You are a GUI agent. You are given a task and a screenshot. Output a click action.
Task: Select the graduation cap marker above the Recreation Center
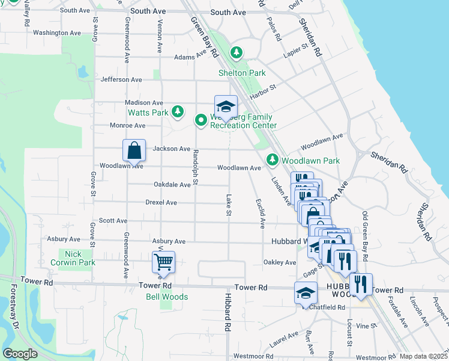pyautogui.click(x=226, y=107)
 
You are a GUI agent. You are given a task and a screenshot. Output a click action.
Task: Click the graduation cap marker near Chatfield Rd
pyautogui.click(x=306, y=294)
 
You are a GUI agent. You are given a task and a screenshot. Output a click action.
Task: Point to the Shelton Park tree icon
pyautogui.click(x=237, y=54)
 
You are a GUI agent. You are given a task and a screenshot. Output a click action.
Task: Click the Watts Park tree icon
pyautogui.click(x=177, y=111)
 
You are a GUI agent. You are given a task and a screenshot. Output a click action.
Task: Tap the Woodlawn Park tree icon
pyautogui.click(x=273, y=159)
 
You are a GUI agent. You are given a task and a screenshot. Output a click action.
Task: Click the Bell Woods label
pyautogui.click(x=167, y=297)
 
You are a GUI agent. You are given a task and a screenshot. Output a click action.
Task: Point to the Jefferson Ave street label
pyautogui.click(x=121, y=79)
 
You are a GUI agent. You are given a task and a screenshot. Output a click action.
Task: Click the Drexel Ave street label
pyautogui.click(x=161, y=203)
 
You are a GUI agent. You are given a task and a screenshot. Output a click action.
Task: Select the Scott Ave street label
pyautogui.click(x=113, y=221)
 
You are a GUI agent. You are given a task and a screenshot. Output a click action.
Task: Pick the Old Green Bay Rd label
pyautogui.click(x=365, y=235)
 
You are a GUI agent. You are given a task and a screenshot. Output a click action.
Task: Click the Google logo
pyautogui.click(x=20, y=354)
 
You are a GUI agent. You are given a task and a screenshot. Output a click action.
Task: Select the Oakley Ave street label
pyautogui.click(x=280, y=262)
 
